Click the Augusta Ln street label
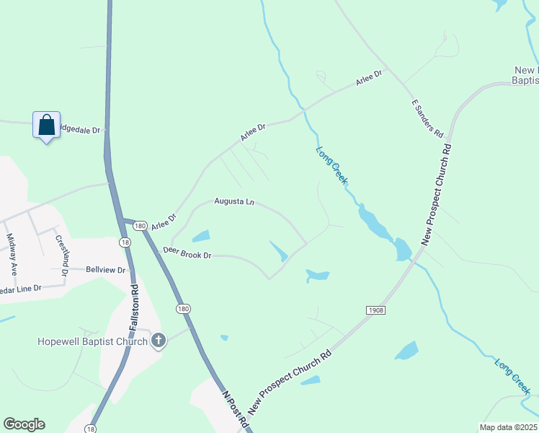coord(234,202)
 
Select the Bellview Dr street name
coord(106,270)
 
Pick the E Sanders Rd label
coord(427,118)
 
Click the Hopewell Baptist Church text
coord(92,341)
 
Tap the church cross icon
coord(159,340)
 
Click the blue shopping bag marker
coord(46,125)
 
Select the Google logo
coord(24,424)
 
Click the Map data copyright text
coord(508,427)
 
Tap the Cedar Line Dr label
coord(21,289)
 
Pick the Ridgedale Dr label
coord(81,130)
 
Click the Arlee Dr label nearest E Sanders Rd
coord(371,77)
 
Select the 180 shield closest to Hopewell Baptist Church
coord(184,309)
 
